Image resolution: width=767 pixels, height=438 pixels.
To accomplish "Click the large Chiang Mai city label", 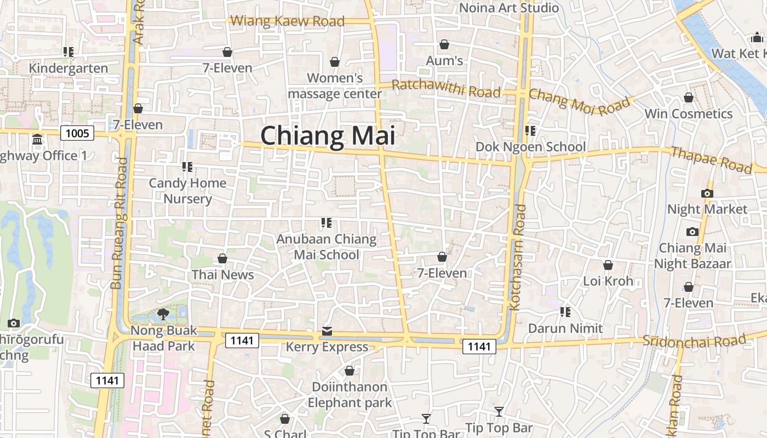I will [328, 136].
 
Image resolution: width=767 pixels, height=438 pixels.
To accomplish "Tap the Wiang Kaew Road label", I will [288, 21].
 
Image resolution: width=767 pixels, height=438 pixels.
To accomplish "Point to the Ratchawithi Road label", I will [447, 88].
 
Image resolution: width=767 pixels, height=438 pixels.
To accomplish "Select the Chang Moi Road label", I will [580, 101].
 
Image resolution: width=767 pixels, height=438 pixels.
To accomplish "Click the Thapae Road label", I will [711, 159].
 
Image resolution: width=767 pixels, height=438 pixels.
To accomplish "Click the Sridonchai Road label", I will [694, 341].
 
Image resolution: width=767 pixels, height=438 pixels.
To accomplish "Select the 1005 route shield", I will [77, 133].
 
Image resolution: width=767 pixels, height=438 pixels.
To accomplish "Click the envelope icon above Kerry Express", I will [327, 331].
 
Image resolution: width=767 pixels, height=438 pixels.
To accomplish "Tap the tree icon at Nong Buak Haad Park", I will [163, 314].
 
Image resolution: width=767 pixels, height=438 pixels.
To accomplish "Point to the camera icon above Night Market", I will [707, 193].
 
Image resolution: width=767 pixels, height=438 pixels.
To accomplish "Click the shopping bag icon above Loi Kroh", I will [608, 266].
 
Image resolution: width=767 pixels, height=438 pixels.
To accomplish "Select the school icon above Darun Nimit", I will [565, 312].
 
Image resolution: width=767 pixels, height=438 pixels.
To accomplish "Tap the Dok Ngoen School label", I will [530, 147].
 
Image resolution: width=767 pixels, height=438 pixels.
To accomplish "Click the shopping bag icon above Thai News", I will [222, 258].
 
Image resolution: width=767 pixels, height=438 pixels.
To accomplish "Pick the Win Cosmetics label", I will [688, 114].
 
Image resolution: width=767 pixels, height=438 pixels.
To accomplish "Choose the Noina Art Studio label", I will [508, 8].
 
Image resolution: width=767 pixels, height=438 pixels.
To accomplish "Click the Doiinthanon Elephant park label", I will [350, 395].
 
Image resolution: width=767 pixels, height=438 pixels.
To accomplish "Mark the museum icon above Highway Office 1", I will [37, 140].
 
